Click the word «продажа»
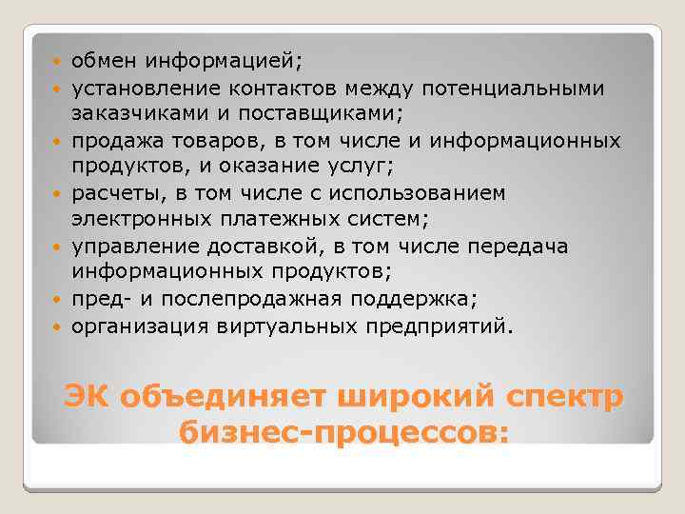(111, 141)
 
